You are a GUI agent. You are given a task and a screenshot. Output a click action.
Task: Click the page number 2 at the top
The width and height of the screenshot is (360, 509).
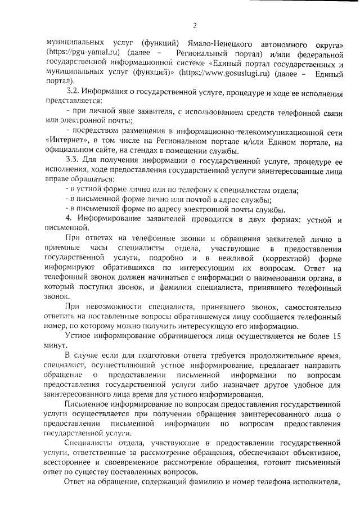point(195,25)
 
